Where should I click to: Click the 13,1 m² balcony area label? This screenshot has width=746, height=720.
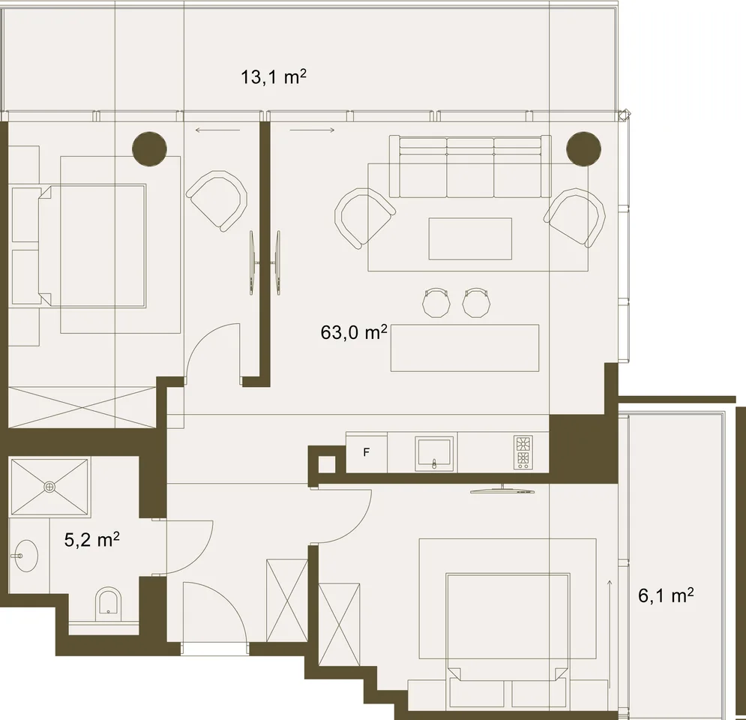tap(273, 76)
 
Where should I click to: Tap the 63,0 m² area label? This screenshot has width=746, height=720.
tap(353, 332)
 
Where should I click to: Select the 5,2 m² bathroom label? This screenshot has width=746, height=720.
tap(91, 540)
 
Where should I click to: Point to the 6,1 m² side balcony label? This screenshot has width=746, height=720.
tap(666, 595)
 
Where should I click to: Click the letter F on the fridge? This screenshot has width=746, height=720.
tap(367, 452)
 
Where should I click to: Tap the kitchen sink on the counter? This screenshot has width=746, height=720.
tap(434, 454)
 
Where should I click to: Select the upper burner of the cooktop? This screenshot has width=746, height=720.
tap(523, 444)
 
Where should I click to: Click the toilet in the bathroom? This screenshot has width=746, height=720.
tap(109, 604)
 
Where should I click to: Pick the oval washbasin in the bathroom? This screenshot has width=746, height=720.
tap(25, 555)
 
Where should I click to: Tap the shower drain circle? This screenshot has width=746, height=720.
tap(49, 487)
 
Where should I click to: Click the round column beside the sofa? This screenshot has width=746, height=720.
tap(584, 148)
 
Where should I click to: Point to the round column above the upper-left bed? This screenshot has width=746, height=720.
tap(149, 148)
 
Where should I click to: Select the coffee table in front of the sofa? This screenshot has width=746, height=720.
tap(470, 239)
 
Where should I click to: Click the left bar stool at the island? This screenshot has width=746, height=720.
tap(436, 302)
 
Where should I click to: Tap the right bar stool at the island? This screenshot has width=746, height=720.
tap(476, 302)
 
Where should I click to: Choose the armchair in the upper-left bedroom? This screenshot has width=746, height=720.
tap(217, 201)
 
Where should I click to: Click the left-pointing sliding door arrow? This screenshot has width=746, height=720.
tap(217, 130)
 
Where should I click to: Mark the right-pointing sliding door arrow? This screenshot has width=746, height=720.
tap(312, 130)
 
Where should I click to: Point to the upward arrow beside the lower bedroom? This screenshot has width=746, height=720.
tap(610, 634)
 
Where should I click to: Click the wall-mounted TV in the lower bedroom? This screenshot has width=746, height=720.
tap(502, 490)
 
